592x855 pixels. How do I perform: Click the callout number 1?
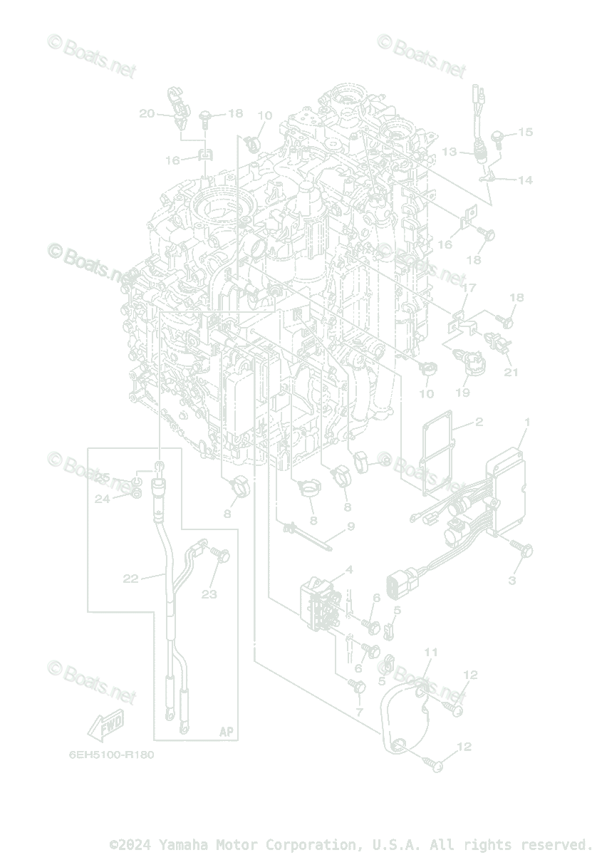(x=527, y=423)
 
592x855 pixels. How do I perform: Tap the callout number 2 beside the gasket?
(x=479, y=423)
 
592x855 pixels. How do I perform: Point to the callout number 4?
(x=349, y=569)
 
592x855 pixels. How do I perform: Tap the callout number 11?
(x=431, y=652)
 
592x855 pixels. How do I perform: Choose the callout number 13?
(x=449, y=152)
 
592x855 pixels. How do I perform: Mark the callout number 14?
(x=525, y=180)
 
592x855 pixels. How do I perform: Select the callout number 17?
(x=468, y=288)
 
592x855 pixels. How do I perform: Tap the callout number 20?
(x=147, y=113)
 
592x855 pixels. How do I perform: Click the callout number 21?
(x=511, y=372)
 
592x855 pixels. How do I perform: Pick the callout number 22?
(x=130, y=579)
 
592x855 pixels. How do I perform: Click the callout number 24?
(x=103, y=499)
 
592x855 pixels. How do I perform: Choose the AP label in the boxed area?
(x=226, y=732)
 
